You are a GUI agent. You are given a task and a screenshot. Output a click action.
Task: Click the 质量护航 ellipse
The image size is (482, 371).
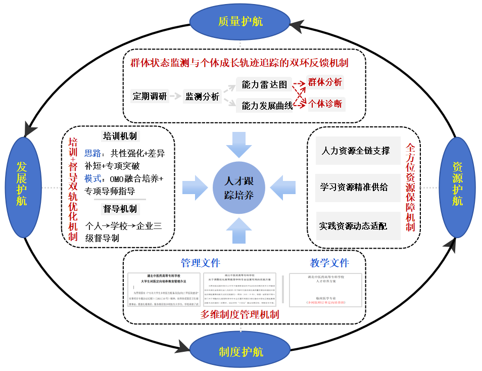tap(240, 21)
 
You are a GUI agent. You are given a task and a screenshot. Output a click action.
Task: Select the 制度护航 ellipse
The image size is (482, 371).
tap(240, 351)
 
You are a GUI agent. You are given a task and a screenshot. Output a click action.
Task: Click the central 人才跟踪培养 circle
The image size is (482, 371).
tap(239, 188)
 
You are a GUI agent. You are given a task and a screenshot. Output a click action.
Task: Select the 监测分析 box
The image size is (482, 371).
tap(202, 96)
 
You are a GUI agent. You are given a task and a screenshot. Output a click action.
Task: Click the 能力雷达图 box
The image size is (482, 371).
tap(264, 84)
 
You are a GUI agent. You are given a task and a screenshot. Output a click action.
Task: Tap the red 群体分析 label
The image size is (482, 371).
tap(325, 82)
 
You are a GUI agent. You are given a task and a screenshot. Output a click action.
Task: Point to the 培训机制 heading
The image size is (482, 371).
tap(120, 136)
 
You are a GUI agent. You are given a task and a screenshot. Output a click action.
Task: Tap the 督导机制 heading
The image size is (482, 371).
tap(120, 208)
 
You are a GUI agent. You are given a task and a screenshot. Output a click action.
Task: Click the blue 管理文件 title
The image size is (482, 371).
tap(201, 263)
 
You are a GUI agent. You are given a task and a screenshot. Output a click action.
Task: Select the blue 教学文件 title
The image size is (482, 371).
tap(329, 263)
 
